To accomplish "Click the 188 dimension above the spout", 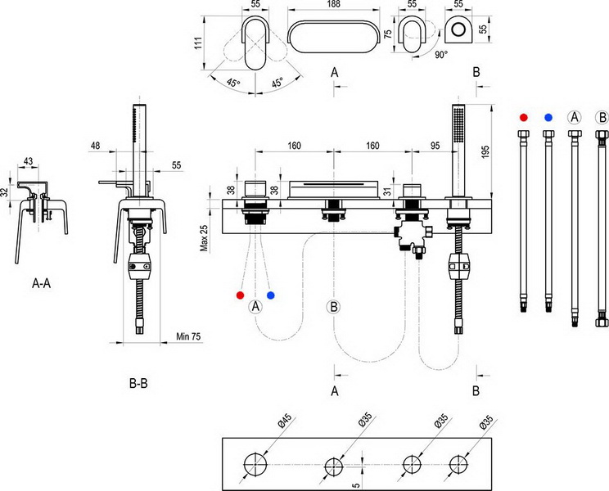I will pos(334,5).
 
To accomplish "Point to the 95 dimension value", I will pos(434,146).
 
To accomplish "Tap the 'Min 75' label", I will pos(189,336).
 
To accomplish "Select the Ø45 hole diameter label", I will pos(282,422).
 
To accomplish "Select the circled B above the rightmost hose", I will pos(602,116).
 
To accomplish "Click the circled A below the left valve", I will pos(255,306).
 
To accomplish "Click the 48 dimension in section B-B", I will pos(96,146).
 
